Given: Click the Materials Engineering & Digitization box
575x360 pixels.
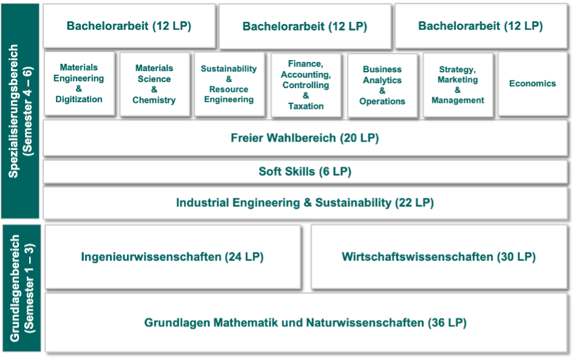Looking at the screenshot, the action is (79, 84).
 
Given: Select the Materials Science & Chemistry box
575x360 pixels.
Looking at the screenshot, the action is (155, 84).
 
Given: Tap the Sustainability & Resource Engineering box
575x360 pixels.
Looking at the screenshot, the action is (229, 84).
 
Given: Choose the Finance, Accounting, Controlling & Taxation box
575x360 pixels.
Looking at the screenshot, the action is (306, 85).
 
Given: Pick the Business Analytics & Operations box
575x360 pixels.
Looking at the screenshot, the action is (383, 86).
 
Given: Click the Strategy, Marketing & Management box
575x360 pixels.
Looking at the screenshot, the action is (458, 84).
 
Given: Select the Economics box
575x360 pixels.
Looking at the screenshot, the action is (533, 84).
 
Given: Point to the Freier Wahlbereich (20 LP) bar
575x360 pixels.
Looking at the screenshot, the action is (305, 138).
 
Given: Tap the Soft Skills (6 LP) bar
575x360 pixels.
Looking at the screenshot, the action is (305, 172).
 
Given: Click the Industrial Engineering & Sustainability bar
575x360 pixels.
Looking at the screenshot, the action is (305, 203).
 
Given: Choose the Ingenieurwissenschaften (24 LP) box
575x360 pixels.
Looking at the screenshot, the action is (172, 257).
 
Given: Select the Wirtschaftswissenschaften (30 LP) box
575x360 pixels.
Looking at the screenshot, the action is (440, 257).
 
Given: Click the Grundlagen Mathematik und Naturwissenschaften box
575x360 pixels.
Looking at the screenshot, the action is (306, 322).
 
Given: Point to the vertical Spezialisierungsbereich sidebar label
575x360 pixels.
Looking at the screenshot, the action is (21, 111).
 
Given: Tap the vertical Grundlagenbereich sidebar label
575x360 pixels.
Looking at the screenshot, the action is (22, 288).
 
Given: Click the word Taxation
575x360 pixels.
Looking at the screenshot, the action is (306, 106).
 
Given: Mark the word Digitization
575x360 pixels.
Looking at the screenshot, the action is (79, 100).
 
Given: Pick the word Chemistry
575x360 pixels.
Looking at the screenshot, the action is (154, 100).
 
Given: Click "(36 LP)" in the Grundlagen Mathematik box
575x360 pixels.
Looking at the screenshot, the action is (447, 322).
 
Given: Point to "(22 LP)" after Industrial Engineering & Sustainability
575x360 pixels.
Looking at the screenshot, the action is (414, 203).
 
